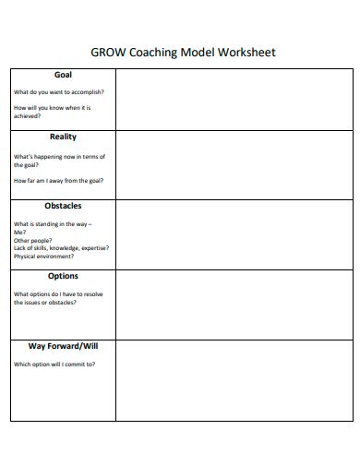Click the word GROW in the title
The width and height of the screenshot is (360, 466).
[x=103, y=53]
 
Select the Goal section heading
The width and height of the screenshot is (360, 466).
[x=63, y=76]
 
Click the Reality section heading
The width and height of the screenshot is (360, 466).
[x=63, y=137]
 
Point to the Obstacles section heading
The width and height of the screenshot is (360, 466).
[x=63, y=206]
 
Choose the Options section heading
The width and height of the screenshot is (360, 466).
[x=63, y=276]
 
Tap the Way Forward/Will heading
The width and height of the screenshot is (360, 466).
[x=63, y=346]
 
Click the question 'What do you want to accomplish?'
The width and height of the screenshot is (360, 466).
[x=59, y=92]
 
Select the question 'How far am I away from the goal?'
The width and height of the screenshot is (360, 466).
[x=59, y=181]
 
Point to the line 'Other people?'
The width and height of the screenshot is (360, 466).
[x=33, y=240]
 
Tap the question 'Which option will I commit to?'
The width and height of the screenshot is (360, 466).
[x=54, y=364]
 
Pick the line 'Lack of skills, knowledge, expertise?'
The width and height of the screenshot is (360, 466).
[x=61, y=248]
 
